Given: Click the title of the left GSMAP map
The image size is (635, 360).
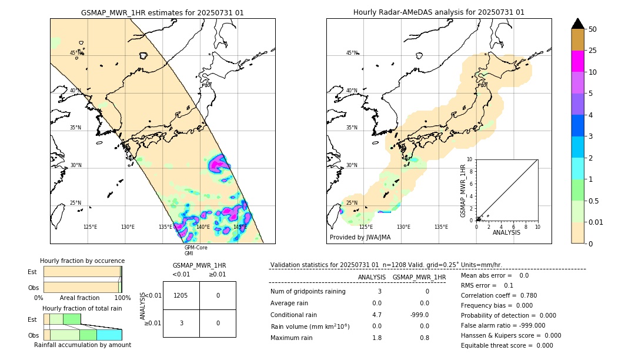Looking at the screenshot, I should [x=162, y=12].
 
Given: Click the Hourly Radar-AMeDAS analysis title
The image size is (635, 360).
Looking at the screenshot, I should [x=439, y=12].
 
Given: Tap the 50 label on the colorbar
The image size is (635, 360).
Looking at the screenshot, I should [x=593, y=29].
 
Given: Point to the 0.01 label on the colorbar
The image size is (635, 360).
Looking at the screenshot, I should [x=596, y=222].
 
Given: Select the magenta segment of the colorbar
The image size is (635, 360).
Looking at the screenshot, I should [x=577, y=61].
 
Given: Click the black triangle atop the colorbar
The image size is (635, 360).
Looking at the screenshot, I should [x=577, y=24].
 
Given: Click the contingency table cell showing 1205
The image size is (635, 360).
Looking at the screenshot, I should [x=181, y=295].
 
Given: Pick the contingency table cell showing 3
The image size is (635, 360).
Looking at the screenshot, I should [x=181, y=323].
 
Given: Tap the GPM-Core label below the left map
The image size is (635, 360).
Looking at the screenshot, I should [x=196, y=248].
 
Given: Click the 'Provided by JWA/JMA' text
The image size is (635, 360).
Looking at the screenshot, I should [x=360, y=238].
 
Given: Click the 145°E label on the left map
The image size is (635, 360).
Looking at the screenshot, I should [x=240, y=227].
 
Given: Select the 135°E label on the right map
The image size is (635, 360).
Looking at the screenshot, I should [x=441, y=227].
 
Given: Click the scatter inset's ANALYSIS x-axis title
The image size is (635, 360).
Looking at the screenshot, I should [x=506, y=232].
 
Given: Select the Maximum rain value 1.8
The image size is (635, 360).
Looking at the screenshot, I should [x=377, y=338].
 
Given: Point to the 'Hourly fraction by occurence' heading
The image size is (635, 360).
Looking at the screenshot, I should [x=82, y=261].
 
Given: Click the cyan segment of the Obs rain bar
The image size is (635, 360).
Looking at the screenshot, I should [x=109, y=335].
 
